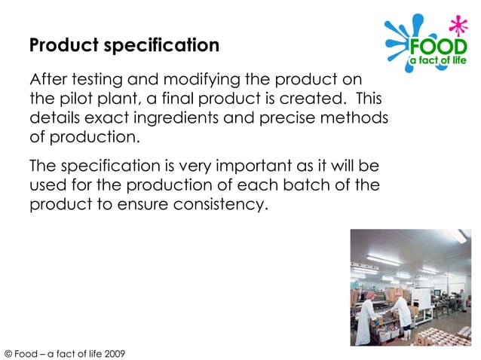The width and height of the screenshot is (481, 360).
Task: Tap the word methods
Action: coord(358,118)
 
